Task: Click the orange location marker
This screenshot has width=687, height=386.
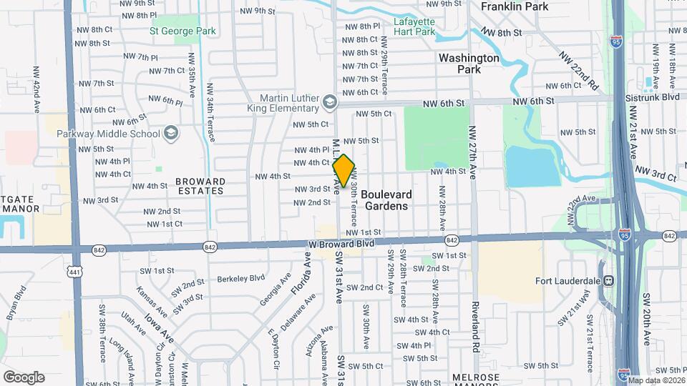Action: click(344, 171)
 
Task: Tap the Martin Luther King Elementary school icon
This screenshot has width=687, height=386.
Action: click(329, 102)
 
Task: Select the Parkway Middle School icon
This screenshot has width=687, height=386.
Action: click(171, 132)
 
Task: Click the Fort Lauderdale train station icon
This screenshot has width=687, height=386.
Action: click(610, 281)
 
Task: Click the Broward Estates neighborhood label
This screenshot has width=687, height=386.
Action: click(200, 186)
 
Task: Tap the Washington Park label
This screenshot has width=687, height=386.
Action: click(469, 64)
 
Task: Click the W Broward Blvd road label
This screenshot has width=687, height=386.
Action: click(342, 244)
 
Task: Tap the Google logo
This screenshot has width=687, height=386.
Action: click(24, 377)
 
